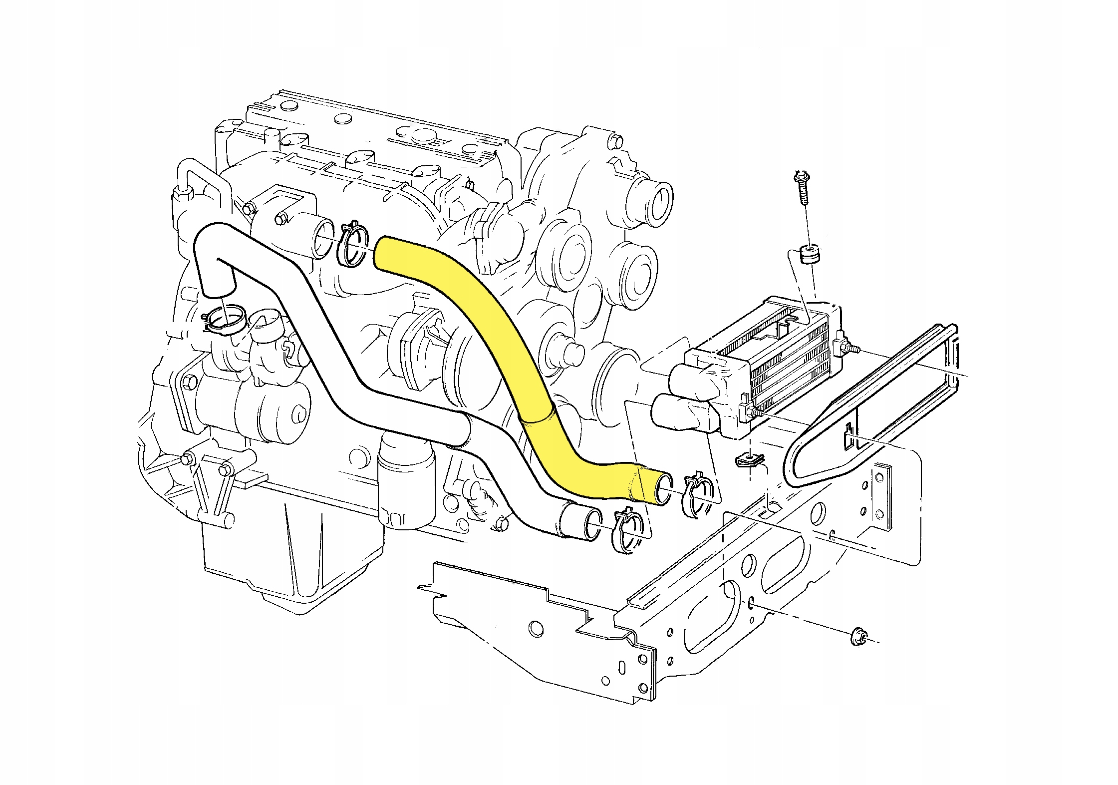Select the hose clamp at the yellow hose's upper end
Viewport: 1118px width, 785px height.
[x=354, y=245]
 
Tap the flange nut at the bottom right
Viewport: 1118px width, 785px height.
[x=859, y=636]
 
